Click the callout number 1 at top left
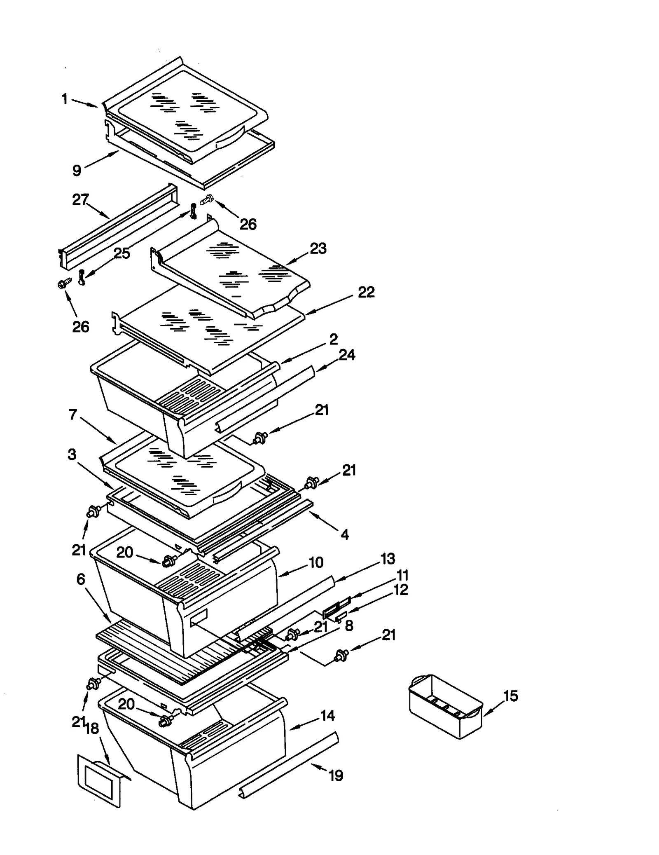(64, 99)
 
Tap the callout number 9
(77, 170)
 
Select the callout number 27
(80, 200)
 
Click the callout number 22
(366, 292)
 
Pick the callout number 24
(347, 355)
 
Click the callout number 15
(510, 696)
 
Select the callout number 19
(336, 775)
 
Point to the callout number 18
(91, 729)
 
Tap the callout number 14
(327, 716)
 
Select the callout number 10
(316, 562)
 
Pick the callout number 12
(401, 590)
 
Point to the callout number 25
(122, 253)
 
